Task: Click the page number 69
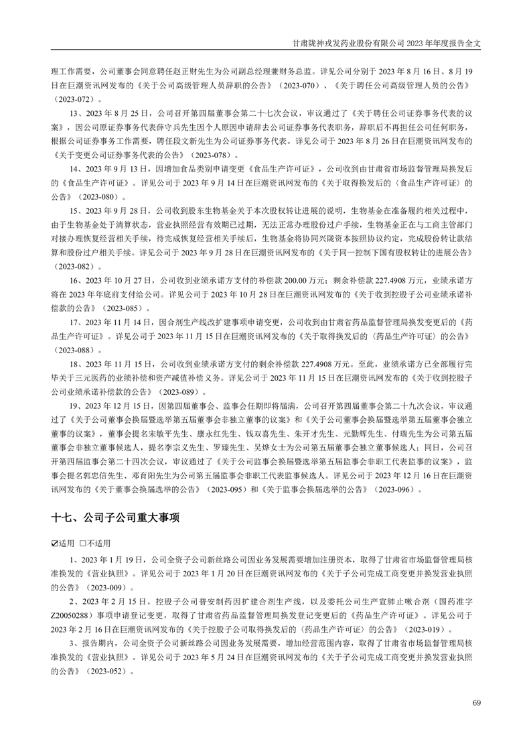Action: coord(477,702)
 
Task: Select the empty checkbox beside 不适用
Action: coord(83,543)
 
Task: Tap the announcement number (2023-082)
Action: coord(76,267)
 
